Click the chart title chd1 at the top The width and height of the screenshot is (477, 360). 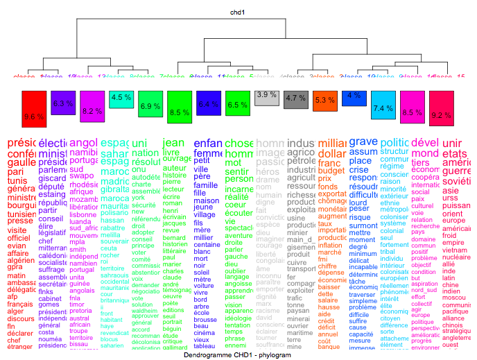click(238, 12)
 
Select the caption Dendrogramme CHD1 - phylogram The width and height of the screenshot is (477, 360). click(238, 354)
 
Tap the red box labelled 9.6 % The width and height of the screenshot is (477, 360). click(33, 111)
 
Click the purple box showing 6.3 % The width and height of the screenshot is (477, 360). click(63, 103)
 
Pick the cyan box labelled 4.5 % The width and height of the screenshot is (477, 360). click(121, 98)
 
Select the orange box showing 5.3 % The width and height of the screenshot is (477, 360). click(324, 100)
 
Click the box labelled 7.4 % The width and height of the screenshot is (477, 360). click(383, 108)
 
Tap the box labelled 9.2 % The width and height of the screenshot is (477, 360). click(441, 110)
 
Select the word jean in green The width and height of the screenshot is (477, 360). click(173, 143)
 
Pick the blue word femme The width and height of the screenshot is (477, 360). click(208, 153)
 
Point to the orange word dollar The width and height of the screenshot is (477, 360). click(332, 153)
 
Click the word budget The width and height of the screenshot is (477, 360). click(331, 170)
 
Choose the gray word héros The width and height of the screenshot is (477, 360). click(268, 171)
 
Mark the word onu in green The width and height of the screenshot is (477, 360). click(139, 169)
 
